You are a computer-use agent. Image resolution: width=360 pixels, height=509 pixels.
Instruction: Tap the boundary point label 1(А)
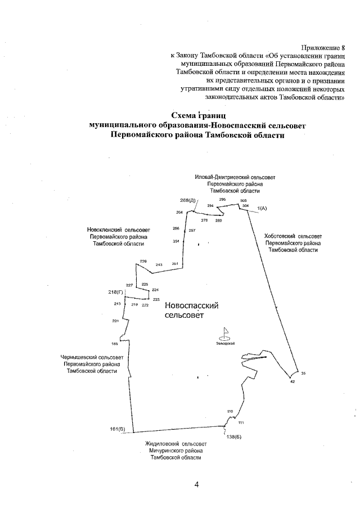tap(262, 209)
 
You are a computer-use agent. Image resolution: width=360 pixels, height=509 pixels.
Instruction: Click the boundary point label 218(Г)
tap(115, 293)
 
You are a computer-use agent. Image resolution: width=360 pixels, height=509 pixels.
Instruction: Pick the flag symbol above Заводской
tap(226, 333)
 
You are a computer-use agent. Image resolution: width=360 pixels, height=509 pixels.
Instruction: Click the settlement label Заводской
tap(225, 343)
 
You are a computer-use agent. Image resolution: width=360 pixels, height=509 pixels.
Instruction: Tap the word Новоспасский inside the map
tap(191, 305)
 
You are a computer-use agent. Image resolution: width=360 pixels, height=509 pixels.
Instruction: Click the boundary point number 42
tap(292, 382)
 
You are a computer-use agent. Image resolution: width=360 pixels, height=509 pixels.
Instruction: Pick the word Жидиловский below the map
tap(161, 444)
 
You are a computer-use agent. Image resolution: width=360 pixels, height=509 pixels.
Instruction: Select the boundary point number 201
tap(115, 321)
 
